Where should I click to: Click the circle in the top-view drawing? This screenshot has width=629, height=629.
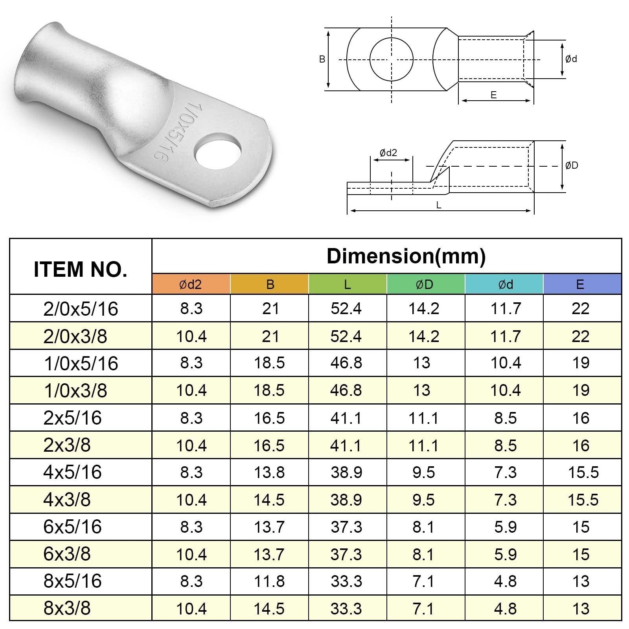click(392, 59)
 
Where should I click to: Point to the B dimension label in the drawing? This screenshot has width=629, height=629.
click(322, 59)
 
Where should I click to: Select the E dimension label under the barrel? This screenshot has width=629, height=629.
click(494, 95)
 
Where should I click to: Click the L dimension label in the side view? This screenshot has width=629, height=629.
click(439, 205)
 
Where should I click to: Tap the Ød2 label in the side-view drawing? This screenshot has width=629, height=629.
click(388, 153)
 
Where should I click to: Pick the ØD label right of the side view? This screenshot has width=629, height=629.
click(572, 166)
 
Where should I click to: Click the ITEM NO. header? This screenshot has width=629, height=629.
click(81, 269)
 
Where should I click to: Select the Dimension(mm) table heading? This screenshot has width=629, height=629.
click(406, 256)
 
